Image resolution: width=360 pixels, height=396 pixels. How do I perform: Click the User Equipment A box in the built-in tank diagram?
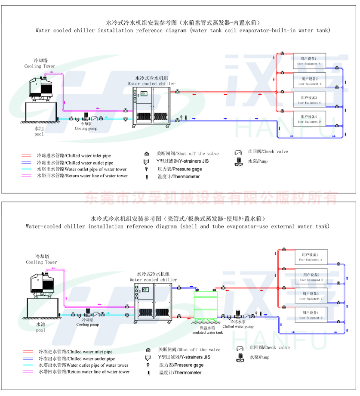[309, 61]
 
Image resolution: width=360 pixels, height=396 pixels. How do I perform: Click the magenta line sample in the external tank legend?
[28, 371]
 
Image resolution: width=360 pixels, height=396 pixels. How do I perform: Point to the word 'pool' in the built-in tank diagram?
[39, 134]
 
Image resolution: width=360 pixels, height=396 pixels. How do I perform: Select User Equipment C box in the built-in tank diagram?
[309, 100]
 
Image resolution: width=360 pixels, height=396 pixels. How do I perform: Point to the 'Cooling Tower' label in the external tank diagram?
[41, 262]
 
